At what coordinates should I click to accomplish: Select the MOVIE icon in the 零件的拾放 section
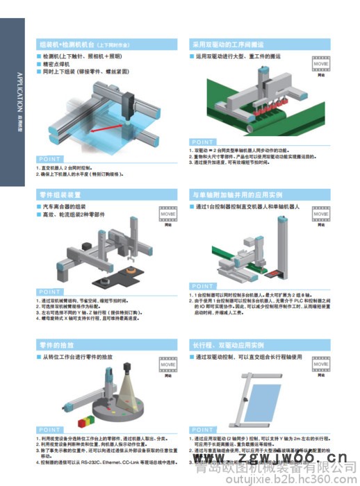tap(167, 364)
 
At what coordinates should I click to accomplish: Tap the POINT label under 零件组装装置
tap(49, 291)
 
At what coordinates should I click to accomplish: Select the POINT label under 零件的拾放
tap(49, 430)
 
